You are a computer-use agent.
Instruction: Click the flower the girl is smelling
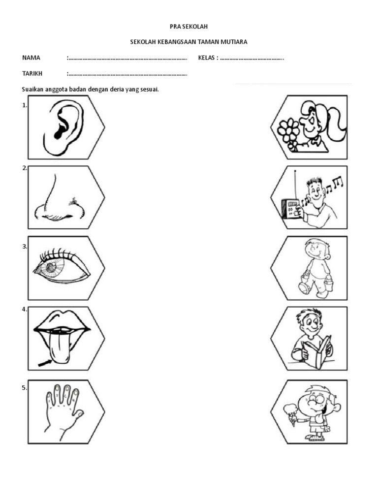point(288,130)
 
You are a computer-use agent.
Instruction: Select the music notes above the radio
point(327,187)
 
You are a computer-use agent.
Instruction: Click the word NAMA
point(31,58)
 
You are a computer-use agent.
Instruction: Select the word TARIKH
point(32,74)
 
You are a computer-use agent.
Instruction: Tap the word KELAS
point(206,58)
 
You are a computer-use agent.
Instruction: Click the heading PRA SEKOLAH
point(189,27)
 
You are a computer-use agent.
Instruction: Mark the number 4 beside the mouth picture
point(24,310)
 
